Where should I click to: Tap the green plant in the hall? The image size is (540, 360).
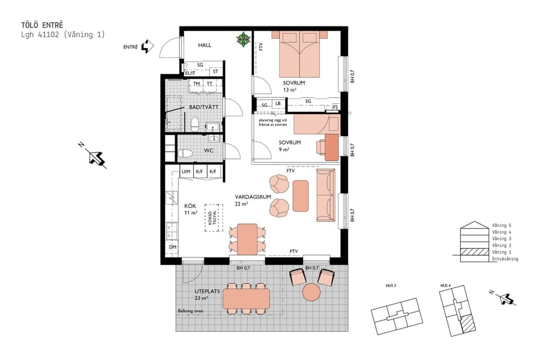(244, 40)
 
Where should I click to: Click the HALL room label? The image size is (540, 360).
(205, 45)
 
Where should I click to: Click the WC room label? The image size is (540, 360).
(209, 151)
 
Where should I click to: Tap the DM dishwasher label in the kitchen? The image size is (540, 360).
(172, 247)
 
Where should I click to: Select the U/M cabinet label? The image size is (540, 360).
(185, 172)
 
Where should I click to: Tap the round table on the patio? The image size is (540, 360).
(311, 292)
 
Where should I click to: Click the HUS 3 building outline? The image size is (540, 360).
(395, 316)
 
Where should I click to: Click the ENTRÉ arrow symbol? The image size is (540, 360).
(145, 47)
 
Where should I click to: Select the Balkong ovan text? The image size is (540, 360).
(191, 311)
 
